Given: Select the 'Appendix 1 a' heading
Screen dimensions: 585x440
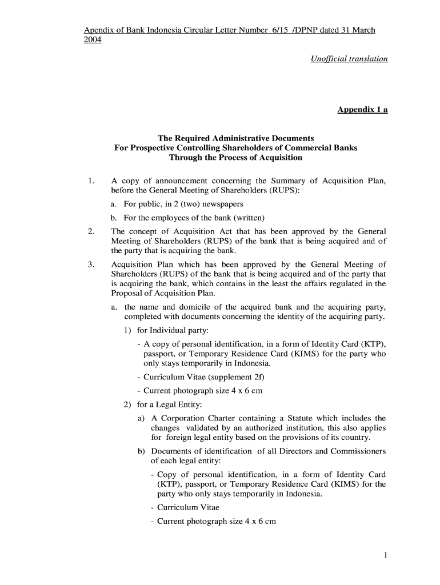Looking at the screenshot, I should coord(362,110).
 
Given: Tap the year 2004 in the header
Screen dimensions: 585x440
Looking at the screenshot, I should coord(93,40).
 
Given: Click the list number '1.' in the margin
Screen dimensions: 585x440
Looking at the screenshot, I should coord(91,181).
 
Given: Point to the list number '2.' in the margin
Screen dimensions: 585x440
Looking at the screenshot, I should coord(91,231).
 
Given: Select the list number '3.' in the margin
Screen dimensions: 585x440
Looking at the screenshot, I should coord(91,265).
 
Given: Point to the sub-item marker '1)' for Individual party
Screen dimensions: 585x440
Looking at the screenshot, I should coord(128,330).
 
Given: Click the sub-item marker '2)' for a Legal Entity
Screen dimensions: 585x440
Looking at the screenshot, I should coord(128,405).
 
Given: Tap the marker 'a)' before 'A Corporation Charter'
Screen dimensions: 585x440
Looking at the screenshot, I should coord(141,418).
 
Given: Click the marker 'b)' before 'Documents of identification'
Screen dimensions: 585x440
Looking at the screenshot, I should coord(141,451).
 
